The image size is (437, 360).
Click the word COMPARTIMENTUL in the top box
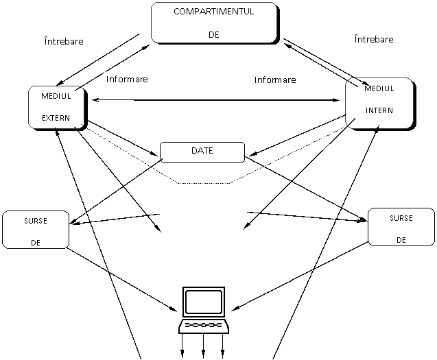click(x=214, y=12)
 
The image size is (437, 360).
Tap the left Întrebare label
click(x=64, y=43)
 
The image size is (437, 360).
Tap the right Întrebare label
click(x=374, y=40)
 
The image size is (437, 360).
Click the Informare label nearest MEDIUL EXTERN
click(x=127, y=80)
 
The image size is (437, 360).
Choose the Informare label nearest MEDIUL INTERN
click(x=275, y=80)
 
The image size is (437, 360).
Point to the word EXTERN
click(x=56, y=118)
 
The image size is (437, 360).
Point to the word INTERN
click(x=379, y=110)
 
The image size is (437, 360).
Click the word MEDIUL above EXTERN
click(x=56, y=96)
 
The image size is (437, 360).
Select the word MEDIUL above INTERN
click(x=379, y=89)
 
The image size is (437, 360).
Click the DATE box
click(x=202, y=152)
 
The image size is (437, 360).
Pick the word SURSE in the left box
click(x=36, y=221)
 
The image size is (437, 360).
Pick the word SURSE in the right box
click(x=401, y=219)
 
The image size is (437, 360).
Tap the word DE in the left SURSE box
click(x=36, y=242)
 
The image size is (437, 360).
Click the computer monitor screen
click(x=204, y=302)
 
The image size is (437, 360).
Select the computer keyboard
click(x=204, y=324)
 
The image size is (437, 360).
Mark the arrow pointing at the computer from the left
click(x=165, y=304)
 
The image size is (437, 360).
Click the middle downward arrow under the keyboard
click(x=204, y=343)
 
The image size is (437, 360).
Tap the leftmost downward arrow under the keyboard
click(x=182, y=343)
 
